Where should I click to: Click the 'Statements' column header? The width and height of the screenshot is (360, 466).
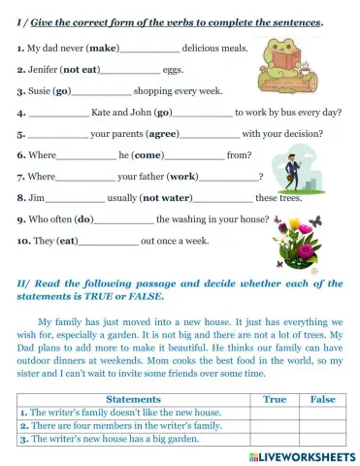(x=133, y=399)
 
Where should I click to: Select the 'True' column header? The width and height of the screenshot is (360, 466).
(x=275, y=399)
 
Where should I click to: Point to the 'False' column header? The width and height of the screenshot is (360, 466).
(x=322, y=399)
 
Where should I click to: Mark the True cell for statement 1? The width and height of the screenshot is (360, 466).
(x=275, y=413)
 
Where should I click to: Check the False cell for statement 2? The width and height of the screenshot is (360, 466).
(x=322, y=425)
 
